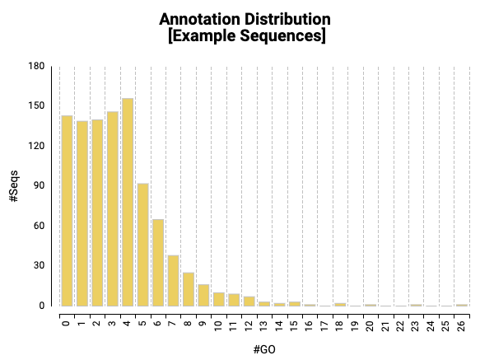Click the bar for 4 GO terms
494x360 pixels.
coord(128,202)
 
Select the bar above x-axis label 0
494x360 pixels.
coord(67,211)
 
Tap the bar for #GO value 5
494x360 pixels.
coord(143,244)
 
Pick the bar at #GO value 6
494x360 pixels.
coord(158,262)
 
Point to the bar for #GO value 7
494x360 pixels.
coord(174,280)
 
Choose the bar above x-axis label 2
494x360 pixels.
coord(97,213)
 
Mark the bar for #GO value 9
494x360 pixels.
coord(203,295)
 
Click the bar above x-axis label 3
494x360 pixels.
coord(113,208)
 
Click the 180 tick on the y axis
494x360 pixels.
coord(35,66)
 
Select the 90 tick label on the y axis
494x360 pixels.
coord(38,186)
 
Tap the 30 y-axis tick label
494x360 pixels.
coord(38,266)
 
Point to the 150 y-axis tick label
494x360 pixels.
coord(35,106)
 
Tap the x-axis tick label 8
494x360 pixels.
coord(189,321)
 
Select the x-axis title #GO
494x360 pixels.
coord(264,349)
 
